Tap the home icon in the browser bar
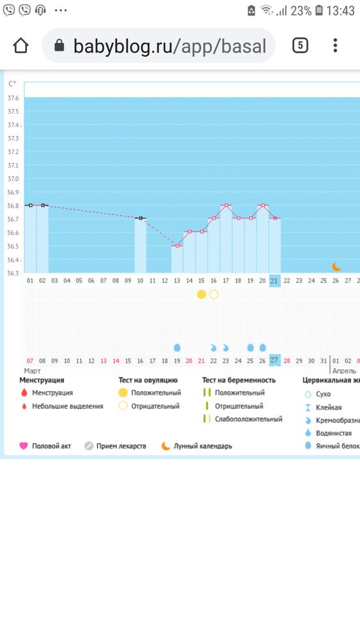[21, 45]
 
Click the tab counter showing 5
[300, 45]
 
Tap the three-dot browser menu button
[335, 45]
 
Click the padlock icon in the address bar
[59, 45]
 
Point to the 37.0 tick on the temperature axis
[13, 178]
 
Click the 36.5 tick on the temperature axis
[13, 246]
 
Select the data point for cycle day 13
[177, 246]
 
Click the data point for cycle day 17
[226, 205]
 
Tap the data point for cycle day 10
[140, 219]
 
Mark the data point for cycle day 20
[263, 205]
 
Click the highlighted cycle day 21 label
[274, 281]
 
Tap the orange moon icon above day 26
[336, 266]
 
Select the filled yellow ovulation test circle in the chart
[201, 294]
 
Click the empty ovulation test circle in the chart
[214, 294]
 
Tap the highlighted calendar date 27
[274, 360]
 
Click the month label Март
[32, 371]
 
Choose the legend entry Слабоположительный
[249, 419]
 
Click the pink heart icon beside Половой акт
[24, 446]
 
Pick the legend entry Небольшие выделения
[68, 406]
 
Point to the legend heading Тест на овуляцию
[148, 380]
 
